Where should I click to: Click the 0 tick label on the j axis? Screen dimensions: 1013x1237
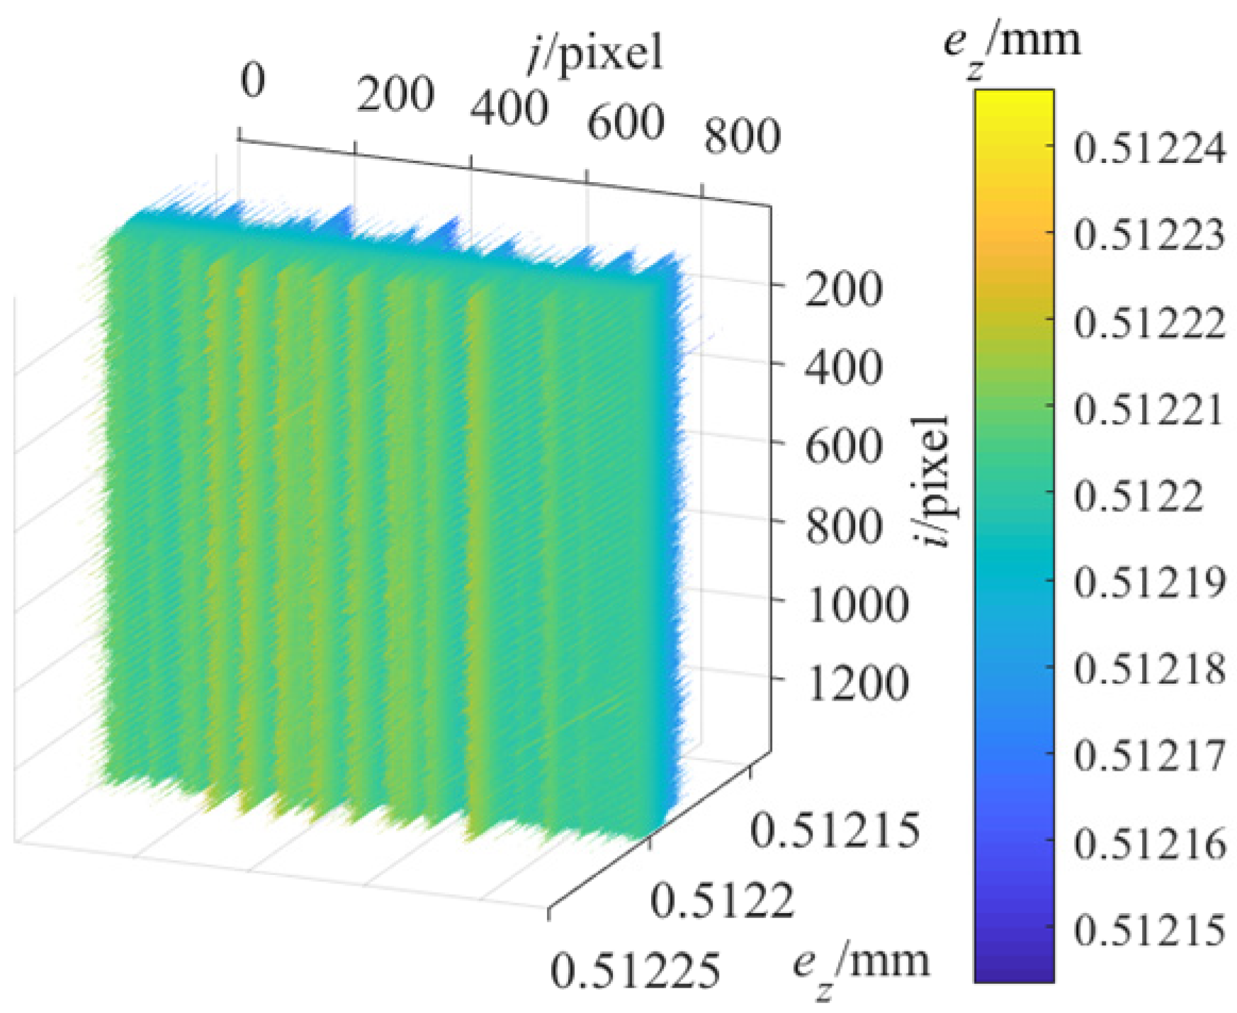click(x=253, y=80)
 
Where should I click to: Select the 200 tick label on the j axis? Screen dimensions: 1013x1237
click(x=395, y=95)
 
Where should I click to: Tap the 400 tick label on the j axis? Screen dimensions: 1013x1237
click(x=509, y=109)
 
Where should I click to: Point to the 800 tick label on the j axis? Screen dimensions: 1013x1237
click(x=742, y=136)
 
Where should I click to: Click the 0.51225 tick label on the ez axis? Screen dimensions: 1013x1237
click(x=635, y=971)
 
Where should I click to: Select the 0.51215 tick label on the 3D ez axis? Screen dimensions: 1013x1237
click(x=835, y=830)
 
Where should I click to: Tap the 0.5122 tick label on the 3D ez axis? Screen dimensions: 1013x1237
click(x=722, y=901)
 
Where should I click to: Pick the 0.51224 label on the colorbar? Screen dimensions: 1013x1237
click(x=1148, y=149)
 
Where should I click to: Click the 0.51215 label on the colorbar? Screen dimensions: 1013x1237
click(x=1148, y=930)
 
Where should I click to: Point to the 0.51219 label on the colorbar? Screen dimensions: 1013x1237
click(x=1148, y=583)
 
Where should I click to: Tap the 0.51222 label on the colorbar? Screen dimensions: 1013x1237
click(x=1148, y=323)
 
